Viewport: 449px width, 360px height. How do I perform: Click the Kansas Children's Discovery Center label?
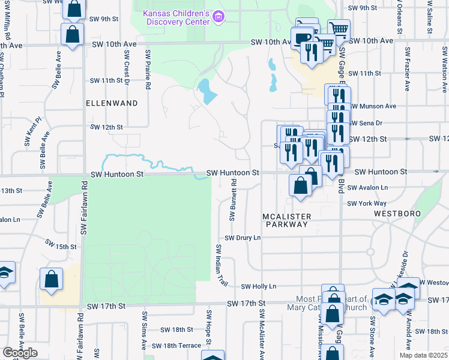[176, 17]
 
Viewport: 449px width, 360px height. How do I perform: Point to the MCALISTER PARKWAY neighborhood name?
[286, 220]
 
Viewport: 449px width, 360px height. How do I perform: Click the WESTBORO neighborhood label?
[394, 213]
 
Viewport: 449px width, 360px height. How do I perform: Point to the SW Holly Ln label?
[258, 287]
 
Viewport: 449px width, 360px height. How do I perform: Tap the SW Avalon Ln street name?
[367, 187]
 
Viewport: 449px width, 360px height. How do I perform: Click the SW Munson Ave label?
[373, 106]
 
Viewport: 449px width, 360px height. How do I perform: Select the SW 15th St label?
[62, 247]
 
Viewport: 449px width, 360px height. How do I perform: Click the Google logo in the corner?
[20, 353]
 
